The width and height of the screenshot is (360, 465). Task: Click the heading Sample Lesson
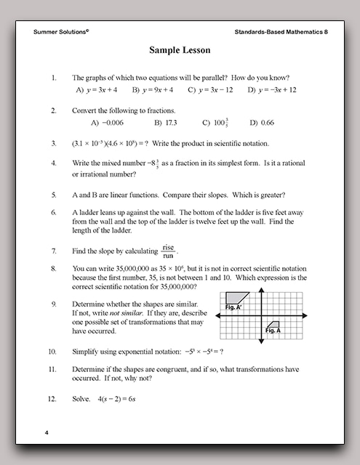coord(180,51)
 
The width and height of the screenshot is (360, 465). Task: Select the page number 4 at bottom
coord(46,432)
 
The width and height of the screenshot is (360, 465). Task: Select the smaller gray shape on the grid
coord(273,324)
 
